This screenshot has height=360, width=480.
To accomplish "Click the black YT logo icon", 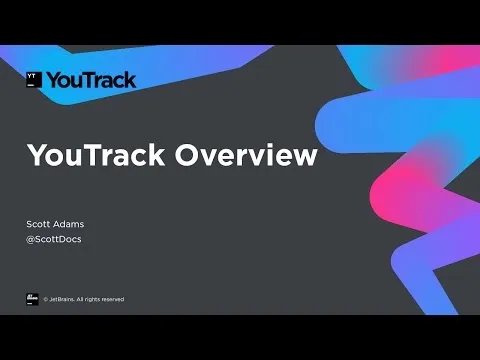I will (x=34, y=80).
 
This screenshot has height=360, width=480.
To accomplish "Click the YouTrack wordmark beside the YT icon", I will (x=93, y=80).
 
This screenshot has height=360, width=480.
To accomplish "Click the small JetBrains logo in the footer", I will (x=32, y=298).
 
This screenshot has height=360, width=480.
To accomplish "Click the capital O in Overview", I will (x=189, y=156).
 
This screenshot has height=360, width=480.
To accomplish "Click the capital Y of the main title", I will (x=36, y=156).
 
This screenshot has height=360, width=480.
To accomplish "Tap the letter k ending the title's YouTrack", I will (x=157, y=156).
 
